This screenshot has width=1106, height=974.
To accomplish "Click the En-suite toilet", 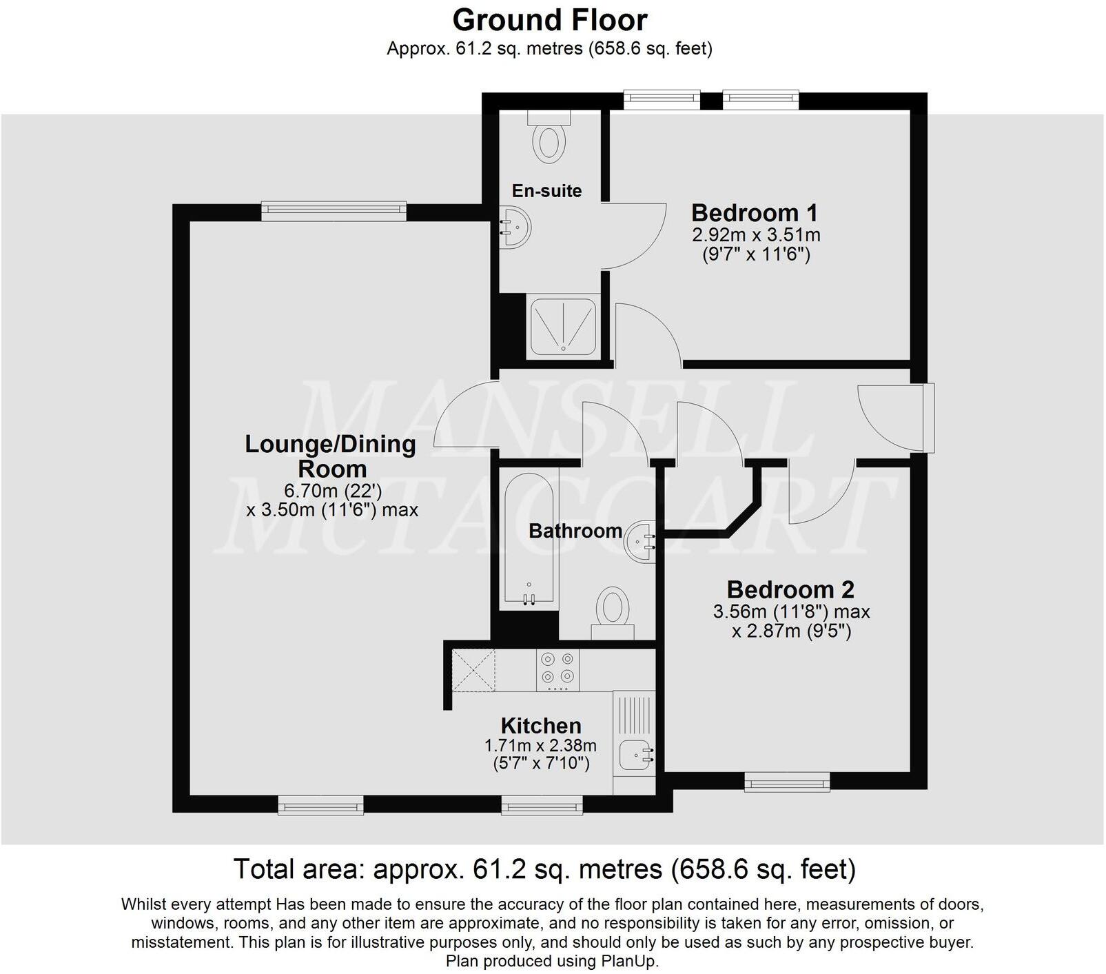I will coord(549,141).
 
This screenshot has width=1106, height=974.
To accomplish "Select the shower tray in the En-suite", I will coord(562,327).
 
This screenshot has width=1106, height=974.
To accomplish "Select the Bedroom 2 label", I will coord(790,589).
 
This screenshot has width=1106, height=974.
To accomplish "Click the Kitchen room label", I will coord(541,725).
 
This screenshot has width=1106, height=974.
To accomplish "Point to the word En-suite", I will coord(546,191).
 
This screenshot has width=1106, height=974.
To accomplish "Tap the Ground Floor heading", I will coord(550,20).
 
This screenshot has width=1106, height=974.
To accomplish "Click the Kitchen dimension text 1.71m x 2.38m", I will coord(541,745).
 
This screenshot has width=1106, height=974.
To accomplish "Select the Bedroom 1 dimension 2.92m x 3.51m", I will coord(756,234).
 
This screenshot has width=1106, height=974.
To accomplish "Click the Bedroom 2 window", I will coord(787,782).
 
